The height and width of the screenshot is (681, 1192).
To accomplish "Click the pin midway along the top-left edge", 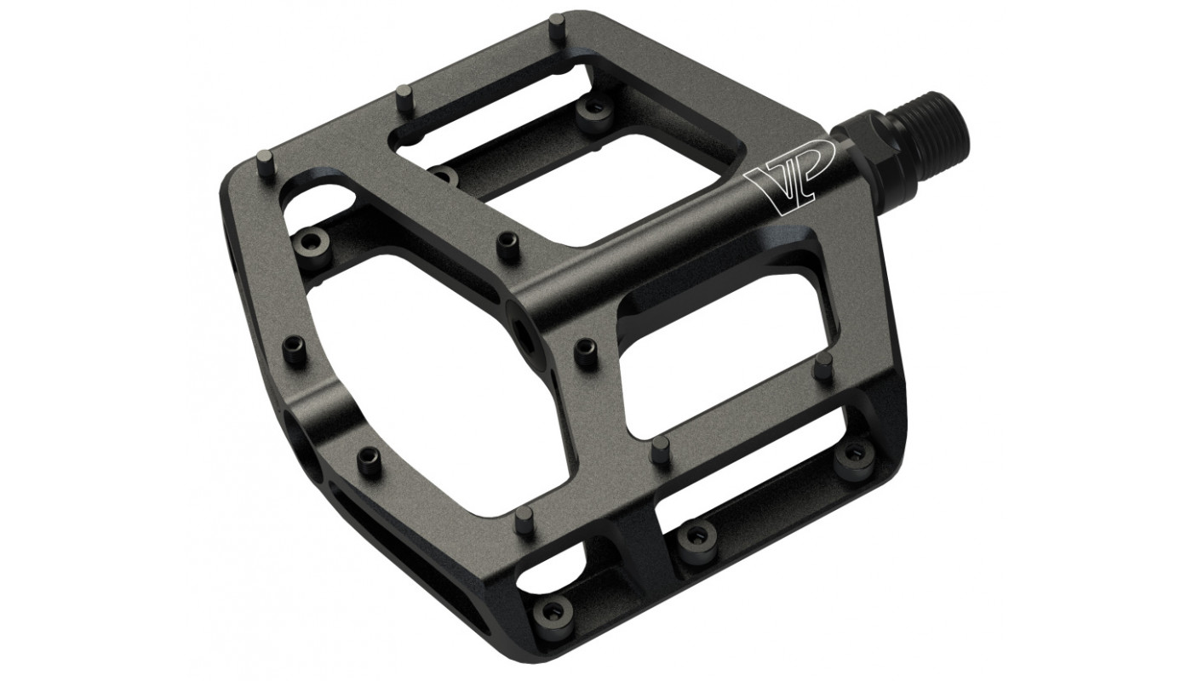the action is click(404, 100).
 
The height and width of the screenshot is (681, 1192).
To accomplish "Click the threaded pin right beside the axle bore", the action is click(587, 352).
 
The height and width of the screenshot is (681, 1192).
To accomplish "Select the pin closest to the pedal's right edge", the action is click(824, 367).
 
